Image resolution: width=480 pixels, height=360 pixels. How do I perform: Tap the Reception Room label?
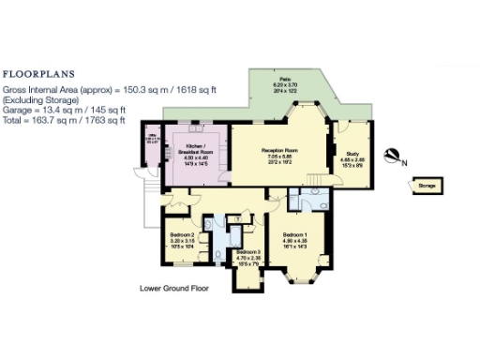coord(279,149)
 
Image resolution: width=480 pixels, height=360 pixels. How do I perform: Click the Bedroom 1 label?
coord(294,232)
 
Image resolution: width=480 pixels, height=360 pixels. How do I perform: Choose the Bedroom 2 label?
coord(182,234)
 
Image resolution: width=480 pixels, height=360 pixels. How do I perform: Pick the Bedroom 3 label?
coord(247,251)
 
